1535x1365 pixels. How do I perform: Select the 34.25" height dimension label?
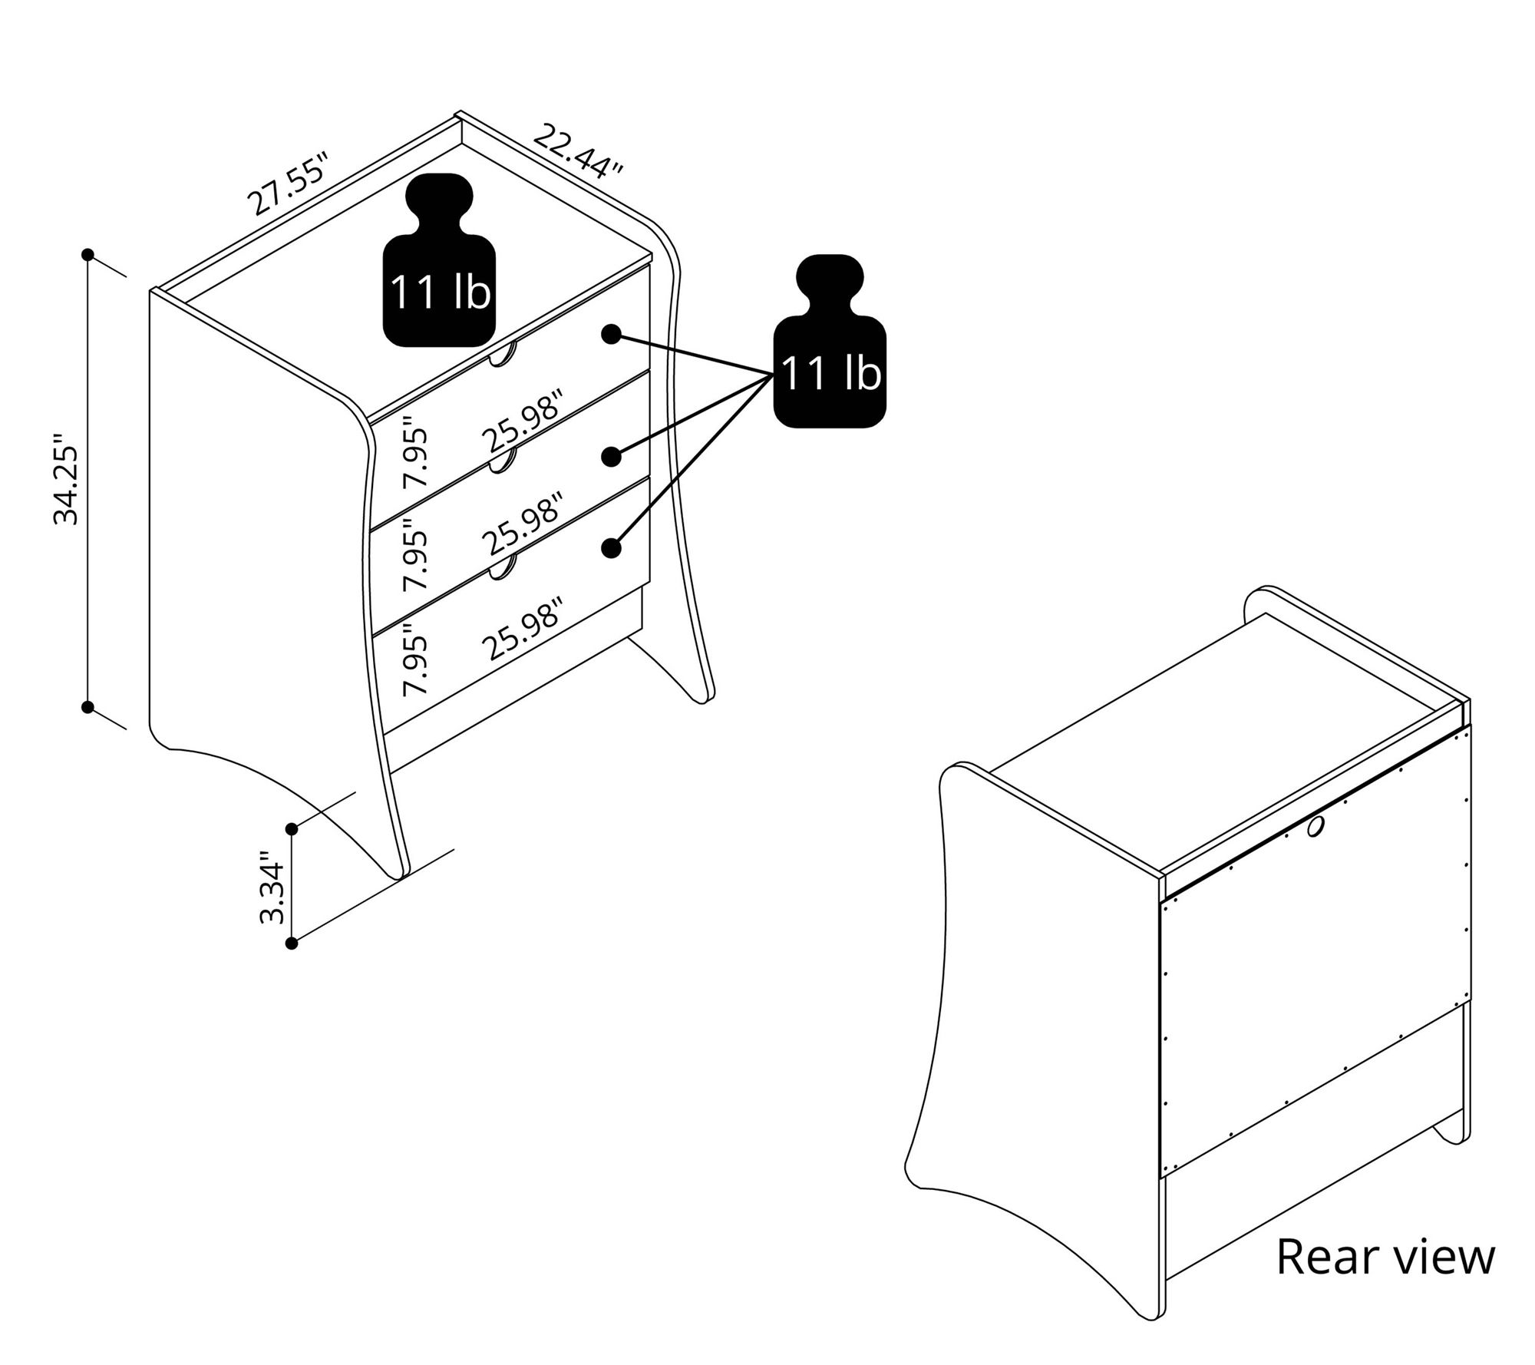(x=67, y=480)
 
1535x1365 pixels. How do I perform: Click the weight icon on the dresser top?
(x=439, y=260)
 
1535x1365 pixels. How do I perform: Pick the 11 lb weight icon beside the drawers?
(x=830, y=341)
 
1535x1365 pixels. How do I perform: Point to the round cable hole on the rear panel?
(x=1315, y=828)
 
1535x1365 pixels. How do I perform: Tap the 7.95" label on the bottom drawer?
(x=416, y=660)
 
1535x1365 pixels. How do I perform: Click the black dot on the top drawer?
(x=611, y=334)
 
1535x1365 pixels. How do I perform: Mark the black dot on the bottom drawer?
(x=611, y=547)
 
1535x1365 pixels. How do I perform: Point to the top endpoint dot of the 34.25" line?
(x=88, y=255)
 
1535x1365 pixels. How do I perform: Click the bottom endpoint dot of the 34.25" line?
(x=88, y=706)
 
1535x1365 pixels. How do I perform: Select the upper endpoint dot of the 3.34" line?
(x=292, y=829)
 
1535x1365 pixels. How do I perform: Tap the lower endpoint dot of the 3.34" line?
(x=292, y=944)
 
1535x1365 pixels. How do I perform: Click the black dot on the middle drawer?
(x=611, y=457)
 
